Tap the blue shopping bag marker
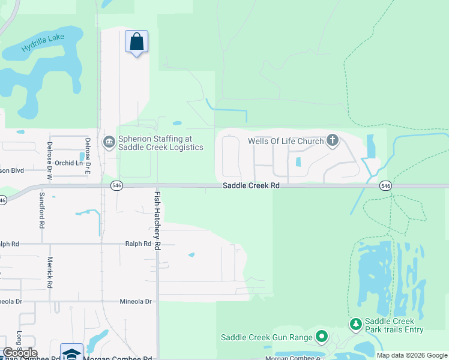tap(137, 42)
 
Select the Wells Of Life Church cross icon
tap(333, 142)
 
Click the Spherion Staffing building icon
tap(109, 142)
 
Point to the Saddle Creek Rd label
tap(251, 186)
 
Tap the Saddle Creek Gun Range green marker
tap(322, 337)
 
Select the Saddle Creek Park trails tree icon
tap(356, 325)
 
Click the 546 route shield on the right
tap(385, 186)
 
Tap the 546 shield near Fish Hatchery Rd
tap(116, 186)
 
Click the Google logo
tap(20, 353)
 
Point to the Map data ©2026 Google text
tap(411, 355)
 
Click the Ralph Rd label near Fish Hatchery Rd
tap(138, 244)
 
